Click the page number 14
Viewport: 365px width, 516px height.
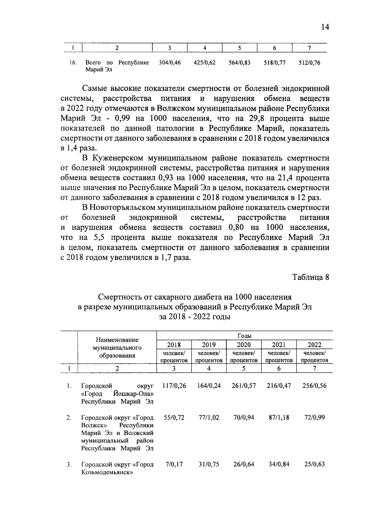coord(325,27)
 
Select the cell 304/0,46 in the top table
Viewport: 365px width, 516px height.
coord(170,63)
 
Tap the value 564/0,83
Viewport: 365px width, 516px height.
coord(239,63)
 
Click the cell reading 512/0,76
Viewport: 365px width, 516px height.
coord(309,63)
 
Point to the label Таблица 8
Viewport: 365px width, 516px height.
coord(311,277)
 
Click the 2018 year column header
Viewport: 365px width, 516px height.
coord(174,345)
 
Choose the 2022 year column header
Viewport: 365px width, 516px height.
coord(314,345)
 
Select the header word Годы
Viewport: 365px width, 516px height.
coord(244,336)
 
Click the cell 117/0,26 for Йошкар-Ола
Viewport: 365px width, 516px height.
coord(174,386)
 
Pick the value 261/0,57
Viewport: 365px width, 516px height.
coord(244,386)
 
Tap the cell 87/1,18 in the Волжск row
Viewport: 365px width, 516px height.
coord(279,417)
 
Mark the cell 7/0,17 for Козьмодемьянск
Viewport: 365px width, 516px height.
coord(174,464)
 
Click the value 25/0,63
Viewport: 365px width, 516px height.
coord(314,464)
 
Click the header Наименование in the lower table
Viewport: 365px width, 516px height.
coord(117,340)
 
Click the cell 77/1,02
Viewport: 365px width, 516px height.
coord(209,417)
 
